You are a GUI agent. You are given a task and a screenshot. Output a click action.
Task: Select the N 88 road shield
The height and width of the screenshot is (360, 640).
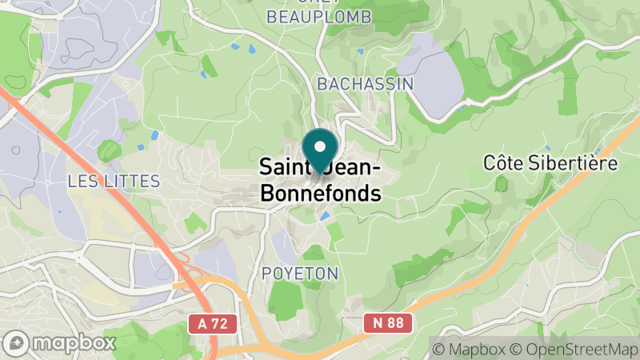392,323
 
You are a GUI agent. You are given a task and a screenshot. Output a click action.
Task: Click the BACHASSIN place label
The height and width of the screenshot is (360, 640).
365,83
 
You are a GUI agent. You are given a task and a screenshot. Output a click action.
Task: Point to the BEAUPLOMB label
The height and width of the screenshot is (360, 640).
308,16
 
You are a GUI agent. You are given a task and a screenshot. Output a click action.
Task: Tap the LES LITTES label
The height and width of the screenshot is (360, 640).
114,181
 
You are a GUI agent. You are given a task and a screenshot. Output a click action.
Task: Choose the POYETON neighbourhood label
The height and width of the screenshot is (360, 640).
300,274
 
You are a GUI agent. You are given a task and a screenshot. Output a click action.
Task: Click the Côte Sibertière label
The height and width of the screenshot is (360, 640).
550,163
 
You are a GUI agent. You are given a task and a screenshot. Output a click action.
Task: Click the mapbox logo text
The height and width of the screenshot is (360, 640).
74,343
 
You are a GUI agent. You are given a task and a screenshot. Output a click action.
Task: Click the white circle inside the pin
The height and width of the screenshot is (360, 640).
320,147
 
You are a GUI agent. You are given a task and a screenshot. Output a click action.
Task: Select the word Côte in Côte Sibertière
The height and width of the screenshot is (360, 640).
502,163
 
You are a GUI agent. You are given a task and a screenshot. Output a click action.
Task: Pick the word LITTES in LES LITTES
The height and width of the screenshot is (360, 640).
128,181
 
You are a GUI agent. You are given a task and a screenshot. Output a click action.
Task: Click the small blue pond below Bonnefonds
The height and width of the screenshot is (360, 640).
324,216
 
